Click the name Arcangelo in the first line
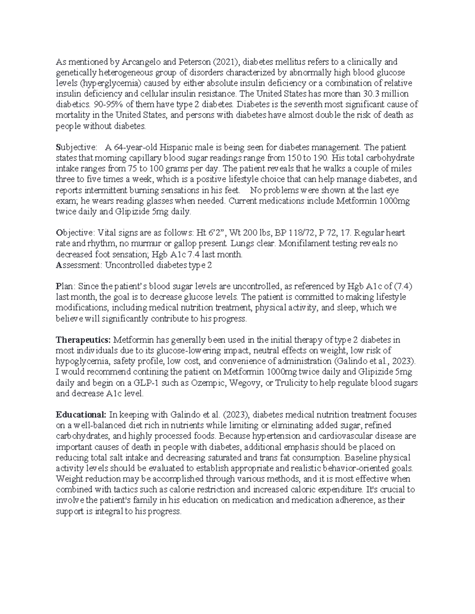(139, 62)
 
